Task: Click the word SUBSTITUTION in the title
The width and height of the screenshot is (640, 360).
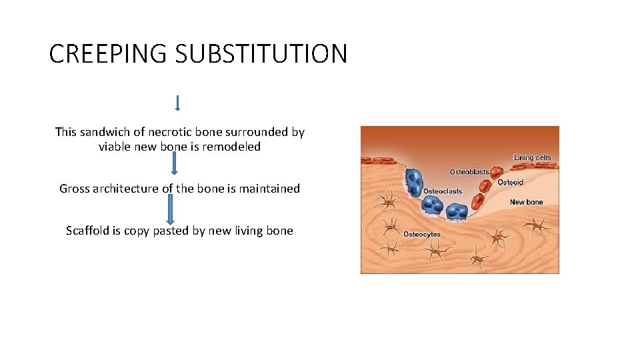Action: [261, 54]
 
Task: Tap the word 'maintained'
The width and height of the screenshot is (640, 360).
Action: [269, 189]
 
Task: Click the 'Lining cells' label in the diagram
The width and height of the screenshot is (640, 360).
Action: [532, 158]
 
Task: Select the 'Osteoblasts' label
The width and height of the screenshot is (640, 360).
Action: [469, 172]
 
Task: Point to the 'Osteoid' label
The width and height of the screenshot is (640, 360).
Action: [511, 183]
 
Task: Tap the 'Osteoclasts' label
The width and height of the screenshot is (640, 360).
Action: [443, 191]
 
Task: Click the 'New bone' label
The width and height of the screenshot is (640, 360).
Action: [526, 202]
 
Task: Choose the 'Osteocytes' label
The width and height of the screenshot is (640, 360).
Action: [422, 235]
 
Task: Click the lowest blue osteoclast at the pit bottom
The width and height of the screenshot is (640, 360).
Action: [457, 211]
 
